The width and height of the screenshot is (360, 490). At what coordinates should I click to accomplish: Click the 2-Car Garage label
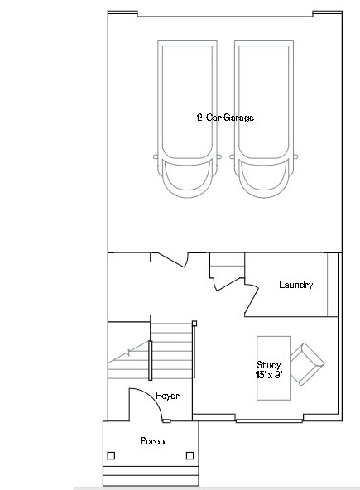click(224, 118)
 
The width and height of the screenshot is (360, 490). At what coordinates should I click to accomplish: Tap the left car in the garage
click(186, 116)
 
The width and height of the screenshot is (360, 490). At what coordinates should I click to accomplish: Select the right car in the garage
click(264, 116)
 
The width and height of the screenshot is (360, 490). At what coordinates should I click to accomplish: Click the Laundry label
click(295, 285)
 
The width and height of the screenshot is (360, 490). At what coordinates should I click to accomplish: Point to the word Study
click(268, 365)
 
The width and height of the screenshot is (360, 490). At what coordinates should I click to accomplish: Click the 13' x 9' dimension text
click(268, 375)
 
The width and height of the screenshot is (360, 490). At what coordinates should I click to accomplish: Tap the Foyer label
click(167, 396)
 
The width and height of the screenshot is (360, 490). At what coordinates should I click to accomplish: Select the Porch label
click(151, 441)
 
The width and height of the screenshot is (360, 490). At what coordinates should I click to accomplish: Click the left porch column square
click(112, 454)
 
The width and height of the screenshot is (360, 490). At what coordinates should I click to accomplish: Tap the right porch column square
click(190, 454)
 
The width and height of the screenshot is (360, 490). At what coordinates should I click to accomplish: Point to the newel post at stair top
click(194, 322)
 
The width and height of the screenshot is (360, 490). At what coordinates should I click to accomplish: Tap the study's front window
click(266, 420)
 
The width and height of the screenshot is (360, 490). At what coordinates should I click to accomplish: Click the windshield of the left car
click(186, 169)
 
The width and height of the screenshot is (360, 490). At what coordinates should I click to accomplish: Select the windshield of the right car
click(264, 169)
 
